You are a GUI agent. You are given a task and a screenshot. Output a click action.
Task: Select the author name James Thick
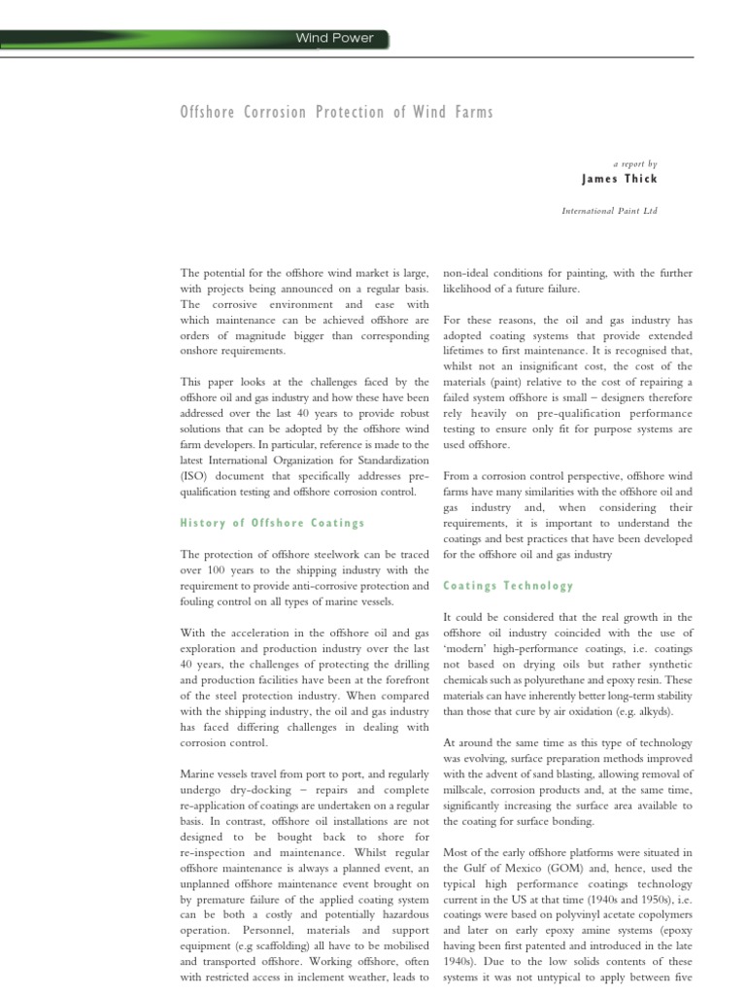[x=619, y=179]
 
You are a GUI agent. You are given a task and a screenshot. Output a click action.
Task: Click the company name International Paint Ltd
[x=610, y=210]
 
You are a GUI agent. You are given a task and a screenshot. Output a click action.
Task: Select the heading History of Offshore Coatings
[x=272, y=523]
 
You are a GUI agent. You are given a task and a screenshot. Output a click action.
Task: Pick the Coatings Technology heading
[x=508, y=586]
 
